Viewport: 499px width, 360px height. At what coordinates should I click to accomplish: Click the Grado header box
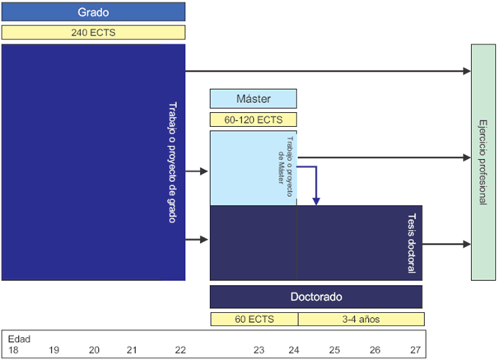(93, 12)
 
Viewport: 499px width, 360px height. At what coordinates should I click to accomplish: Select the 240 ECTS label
(93, 32)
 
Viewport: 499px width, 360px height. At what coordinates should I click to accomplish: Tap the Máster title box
(254, 99)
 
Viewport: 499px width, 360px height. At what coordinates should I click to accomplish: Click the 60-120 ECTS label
(254, 119)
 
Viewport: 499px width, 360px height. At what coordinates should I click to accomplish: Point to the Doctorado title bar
(316, 297)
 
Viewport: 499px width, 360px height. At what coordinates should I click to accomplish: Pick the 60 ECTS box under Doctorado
(254, 319)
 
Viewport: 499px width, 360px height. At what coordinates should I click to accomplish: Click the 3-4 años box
(361, 319)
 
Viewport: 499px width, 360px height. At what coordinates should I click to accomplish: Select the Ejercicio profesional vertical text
(483, 162)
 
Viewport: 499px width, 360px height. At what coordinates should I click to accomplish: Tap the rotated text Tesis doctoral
(412, 243)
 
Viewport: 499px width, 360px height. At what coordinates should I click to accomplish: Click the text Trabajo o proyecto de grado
(172, 162)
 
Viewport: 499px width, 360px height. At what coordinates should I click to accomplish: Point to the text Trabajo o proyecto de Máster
(286, 166)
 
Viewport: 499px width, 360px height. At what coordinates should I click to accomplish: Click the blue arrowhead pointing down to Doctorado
(316, 201)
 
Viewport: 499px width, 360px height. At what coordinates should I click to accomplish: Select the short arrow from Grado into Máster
(196, 171)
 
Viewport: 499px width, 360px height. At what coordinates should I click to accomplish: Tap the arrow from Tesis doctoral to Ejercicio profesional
(446, 244)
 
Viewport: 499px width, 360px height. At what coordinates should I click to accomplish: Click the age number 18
(13, 350)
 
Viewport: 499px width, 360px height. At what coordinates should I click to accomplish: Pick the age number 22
(180, 350)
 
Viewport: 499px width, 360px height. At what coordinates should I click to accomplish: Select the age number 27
(415, 350)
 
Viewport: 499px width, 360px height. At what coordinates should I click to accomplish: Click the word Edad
(19, 339)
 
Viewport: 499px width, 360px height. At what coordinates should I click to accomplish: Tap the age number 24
(294, 350)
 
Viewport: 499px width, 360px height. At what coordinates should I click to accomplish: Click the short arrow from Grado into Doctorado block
(196, 240)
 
